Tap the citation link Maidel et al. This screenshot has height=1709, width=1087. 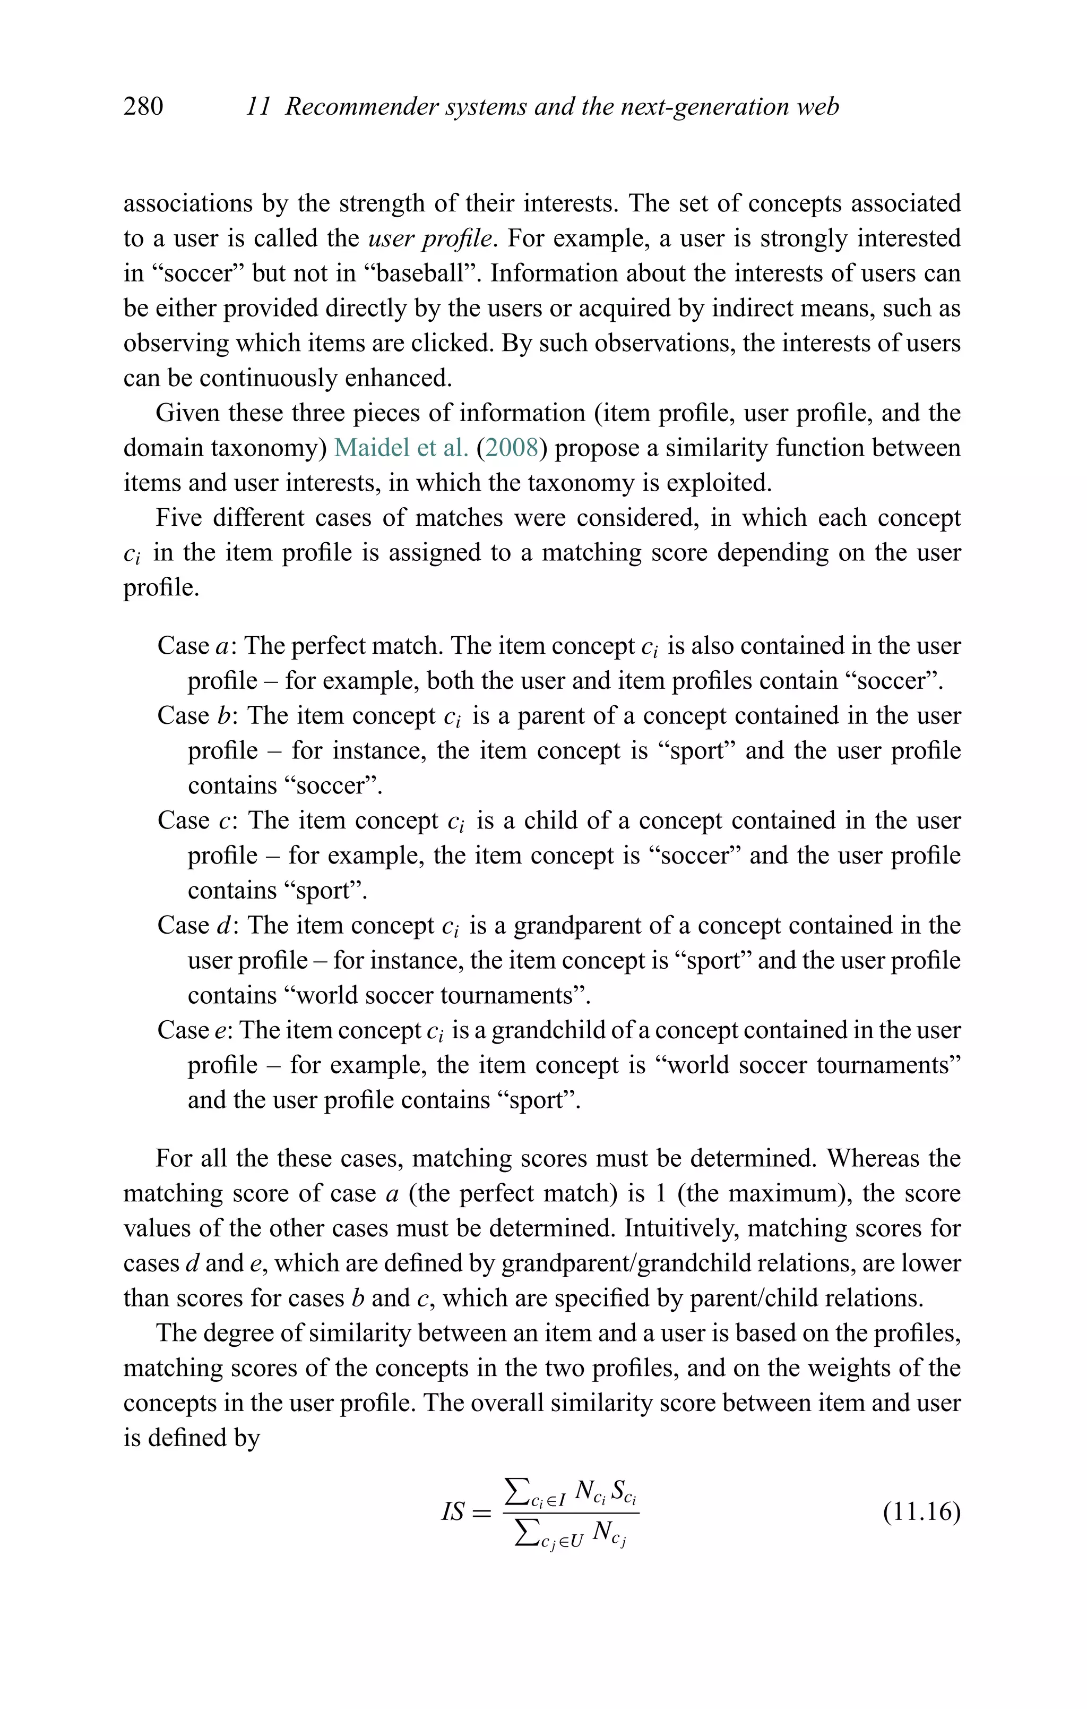[401, 448]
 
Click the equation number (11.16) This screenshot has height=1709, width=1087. [921, 1511]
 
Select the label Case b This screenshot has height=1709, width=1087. [198, 715]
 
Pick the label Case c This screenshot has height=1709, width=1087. [198, 821]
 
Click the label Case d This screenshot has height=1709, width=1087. [198, 926]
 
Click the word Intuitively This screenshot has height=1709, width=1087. [687, 1228]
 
